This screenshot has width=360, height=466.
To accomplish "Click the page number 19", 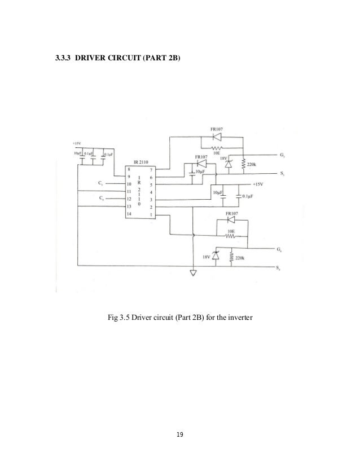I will click(x=181, y=435).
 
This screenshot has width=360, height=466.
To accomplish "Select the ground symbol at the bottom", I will click(x=194, y=274).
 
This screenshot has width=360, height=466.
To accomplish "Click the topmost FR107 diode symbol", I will click(x=216, y=137).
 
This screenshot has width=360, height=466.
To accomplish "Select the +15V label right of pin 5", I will click(x=257, y=184).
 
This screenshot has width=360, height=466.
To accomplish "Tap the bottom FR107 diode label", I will click(x=231, y=214).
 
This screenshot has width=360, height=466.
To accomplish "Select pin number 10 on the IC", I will click(x=129, y=184).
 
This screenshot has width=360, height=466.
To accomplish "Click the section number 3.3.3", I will click(x=62, y=58).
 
